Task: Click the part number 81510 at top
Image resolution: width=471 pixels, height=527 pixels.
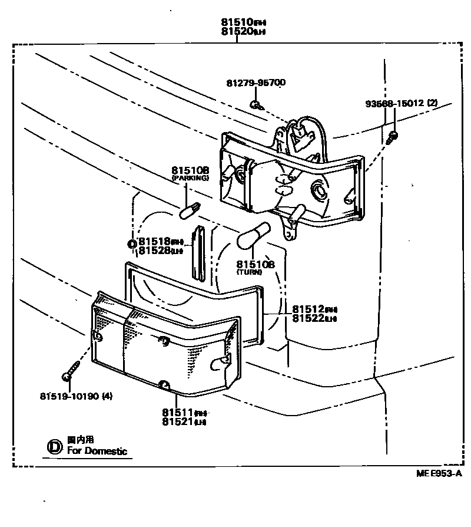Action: [237, 22]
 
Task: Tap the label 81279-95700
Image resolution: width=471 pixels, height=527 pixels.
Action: [256, 83]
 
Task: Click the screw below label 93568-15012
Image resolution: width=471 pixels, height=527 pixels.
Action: [393, 136]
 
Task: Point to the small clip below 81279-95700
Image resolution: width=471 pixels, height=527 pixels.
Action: [255, 105]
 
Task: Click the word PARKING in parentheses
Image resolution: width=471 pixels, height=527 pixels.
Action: [190, 177]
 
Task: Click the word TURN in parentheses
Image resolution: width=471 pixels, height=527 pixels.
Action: [256, 273]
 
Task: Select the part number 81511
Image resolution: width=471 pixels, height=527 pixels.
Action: [178, 412]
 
